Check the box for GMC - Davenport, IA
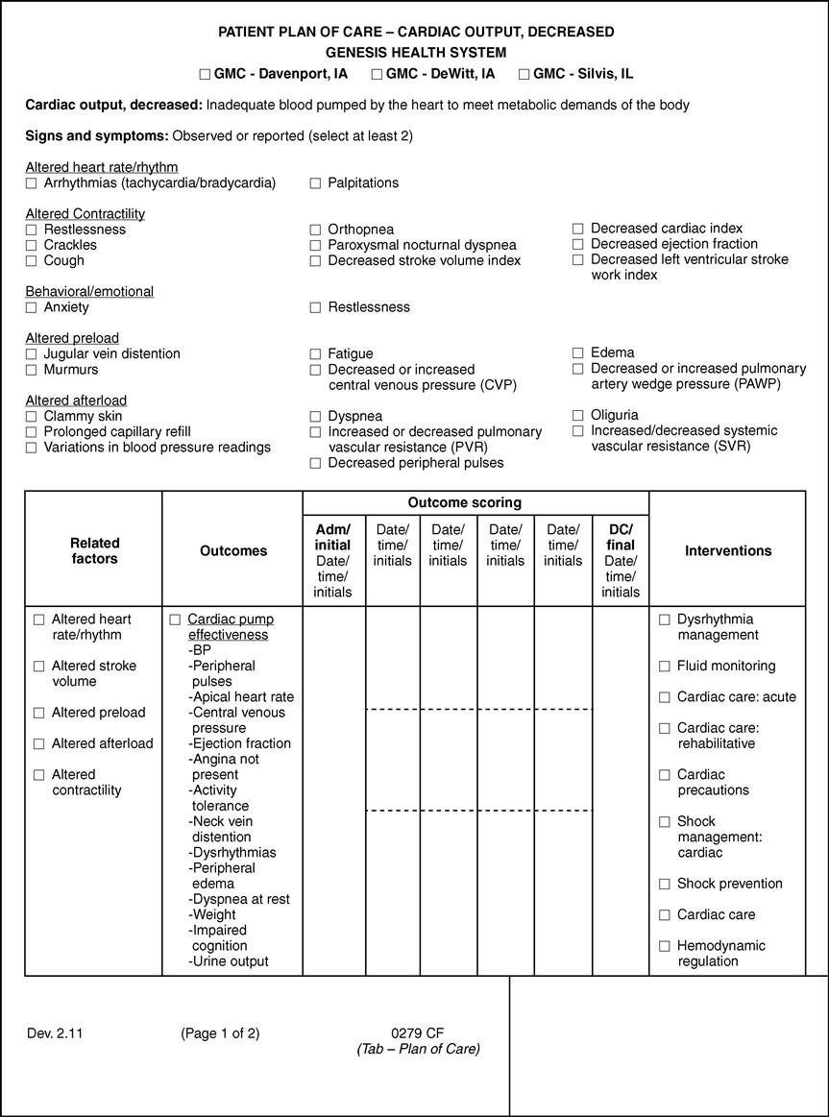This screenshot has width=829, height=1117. coord(205,74)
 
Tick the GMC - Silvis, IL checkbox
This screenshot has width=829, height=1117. coord(524,74)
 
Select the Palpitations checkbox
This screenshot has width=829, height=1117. coord(315,183)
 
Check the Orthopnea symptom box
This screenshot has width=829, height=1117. coord(315,231)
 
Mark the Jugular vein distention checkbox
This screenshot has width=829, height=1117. coord(32,354)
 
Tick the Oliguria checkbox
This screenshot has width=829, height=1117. coord(578,416)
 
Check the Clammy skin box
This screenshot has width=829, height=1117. coord(32,417)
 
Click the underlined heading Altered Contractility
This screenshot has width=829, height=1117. coord(85,213)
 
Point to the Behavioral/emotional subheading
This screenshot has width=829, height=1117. coord(89,291)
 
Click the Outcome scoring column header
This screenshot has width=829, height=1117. coord(465,502)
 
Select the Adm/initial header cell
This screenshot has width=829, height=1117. coord(333,561)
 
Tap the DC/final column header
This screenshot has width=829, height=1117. coord(621,561)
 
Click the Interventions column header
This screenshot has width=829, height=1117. coord(727,550)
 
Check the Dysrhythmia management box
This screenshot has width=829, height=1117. coord(664,620)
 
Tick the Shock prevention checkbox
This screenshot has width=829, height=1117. coord(664,885)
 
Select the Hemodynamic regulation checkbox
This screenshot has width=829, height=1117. coord(664,947)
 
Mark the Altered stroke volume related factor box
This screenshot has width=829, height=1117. coord(38,667)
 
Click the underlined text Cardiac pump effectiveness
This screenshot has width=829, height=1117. coord(228,627)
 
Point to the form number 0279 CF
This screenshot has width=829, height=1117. coord(417,1033)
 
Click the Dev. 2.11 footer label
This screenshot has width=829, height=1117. coord(53,1033)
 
